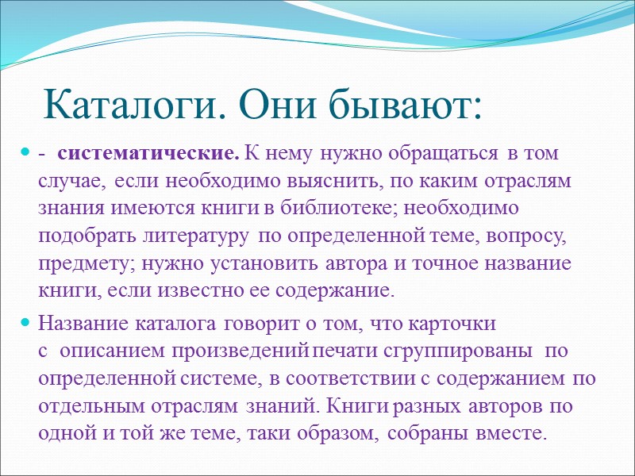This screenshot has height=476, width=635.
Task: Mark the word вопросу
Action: pyautogui.click(x=524, y=236)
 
